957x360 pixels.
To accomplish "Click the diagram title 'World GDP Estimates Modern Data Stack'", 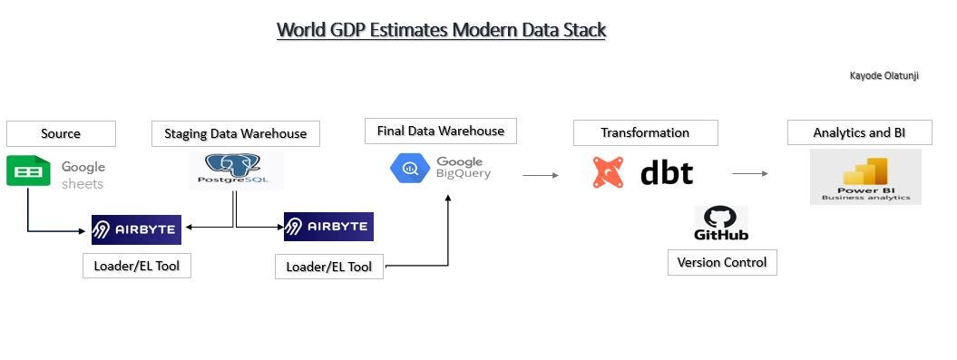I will (441, 30).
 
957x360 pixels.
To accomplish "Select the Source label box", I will (61, 133).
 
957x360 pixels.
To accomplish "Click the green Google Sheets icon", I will (28, 171).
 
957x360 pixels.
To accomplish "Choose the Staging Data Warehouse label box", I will (235, 133).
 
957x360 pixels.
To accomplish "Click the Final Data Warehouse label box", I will (440, 131).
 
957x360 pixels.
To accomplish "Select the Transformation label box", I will (645, 132).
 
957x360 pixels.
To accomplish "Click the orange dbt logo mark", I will (608, 172).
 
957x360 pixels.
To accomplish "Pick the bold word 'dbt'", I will (667, 172).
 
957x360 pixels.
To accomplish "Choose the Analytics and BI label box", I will (859, 132).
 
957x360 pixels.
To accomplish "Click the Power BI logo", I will (865, 176).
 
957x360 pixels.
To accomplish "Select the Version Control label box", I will (722, 262).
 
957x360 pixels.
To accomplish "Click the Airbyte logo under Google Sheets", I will (136, 229).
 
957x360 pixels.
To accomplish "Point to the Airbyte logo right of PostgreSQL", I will (328, 227).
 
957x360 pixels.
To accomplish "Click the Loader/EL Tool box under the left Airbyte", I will (136, 266).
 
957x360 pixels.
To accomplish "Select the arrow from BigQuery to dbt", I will (541, 176).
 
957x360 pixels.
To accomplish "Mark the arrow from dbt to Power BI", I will (750, 173).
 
